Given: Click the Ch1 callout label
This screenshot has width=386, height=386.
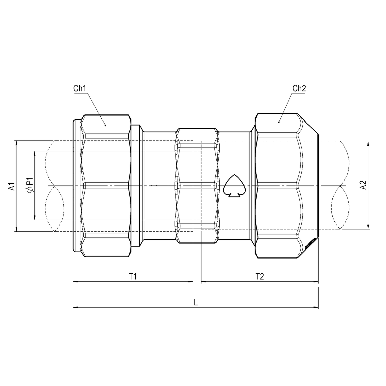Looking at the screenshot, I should pyautogui.click(x=79, y=89).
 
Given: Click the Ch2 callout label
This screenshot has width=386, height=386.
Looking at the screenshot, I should pyautogui.click(x=299, y=88).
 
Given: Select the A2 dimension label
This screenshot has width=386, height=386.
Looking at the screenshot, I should pyautogui.click(x=363, y=185).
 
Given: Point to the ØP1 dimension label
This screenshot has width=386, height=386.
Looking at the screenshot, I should pyautogui.click(x=29, y=185).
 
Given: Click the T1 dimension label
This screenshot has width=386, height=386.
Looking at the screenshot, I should pyautogui.click(x=132, y=277).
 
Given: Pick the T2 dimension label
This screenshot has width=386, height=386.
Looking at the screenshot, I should pyautogui.click(x=259, y=277).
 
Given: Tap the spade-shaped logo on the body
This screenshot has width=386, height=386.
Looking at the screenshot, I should pyautogui.click(x=233, y=186).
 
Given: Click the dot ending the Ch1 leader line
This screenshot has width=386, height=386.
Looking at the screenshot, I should pyautogui.click(x=106, y=125).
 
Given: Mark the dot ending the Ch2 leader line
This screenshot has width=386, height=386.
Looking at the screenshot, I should pyautogui.click(x=278, y=122).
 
